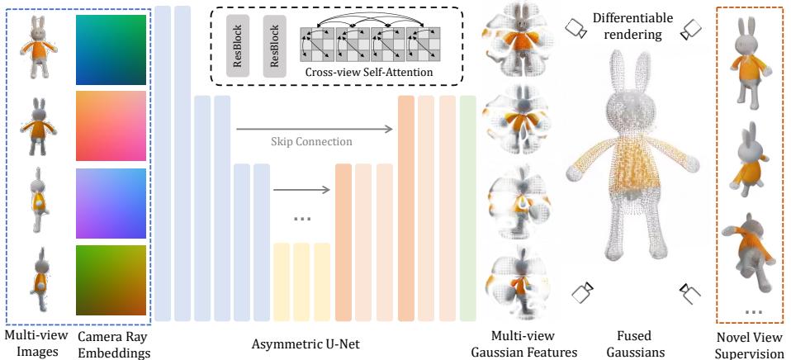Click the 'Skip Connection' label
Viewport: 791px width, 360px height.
point(311,142)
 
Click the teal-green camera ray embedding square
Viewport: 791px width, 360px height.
point(111,50)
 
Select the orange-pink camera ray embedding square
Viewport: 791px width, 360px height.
point(111,126)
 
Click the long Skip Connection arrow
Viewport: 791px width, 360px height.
point(313,129)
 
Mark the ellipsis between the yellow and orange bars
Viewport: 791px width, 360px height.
point(302,219)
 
